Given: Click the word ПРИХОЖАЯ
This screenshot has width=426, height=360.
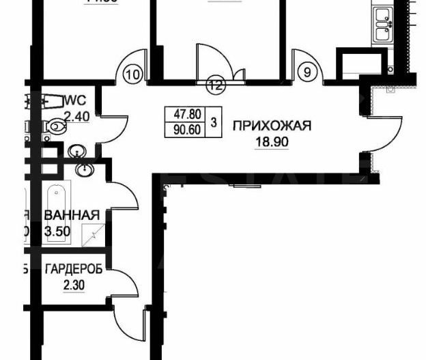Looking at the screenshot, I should tap(272, 125).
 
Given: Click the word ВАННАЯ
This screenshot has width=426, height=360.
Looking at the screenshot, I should tap(71, 215).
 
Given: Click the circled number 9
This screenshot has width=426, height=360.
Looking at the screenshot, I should tap(307, 69).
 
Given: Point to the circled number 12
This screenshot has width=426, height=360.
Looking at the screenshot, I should tap(216, 85).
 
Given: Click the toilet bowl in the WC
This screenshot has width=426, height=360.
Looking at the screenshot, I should tap(54, 126).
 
